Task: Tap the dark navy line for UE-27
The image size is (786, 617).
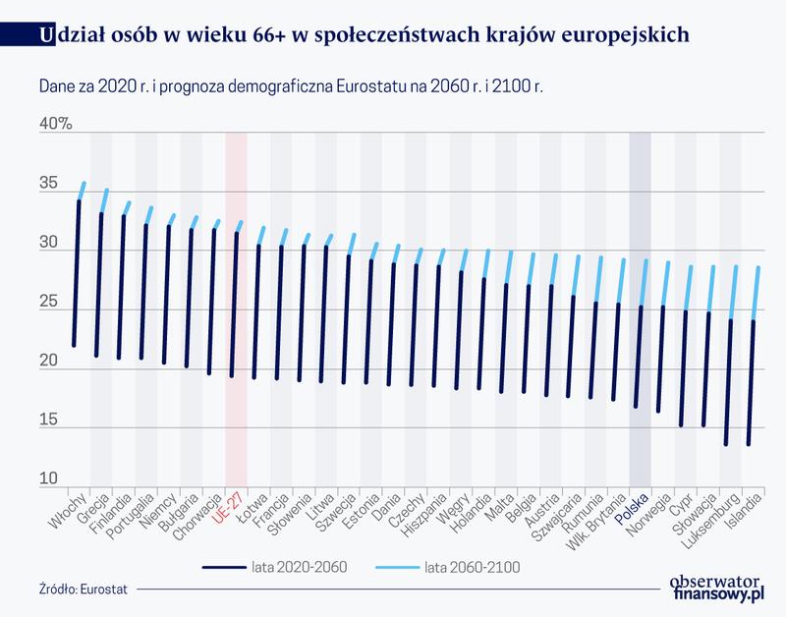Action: tap(234, 305)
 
